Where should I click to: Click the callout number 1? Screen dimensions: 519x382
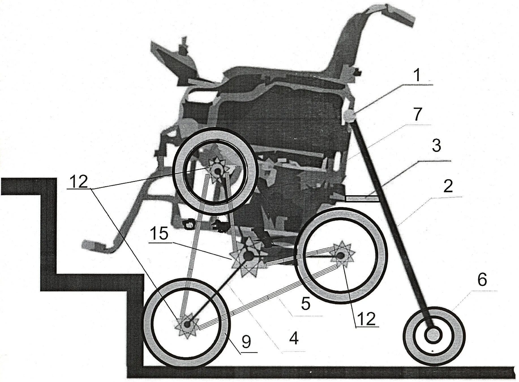click(417, 75)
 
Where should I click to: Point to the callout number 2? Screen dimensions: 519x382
click(448, 187)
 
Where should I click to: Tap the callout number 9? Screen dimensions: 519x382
click(246, 342)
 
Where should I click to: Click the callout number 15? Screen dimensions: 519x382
click(159, 234)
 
